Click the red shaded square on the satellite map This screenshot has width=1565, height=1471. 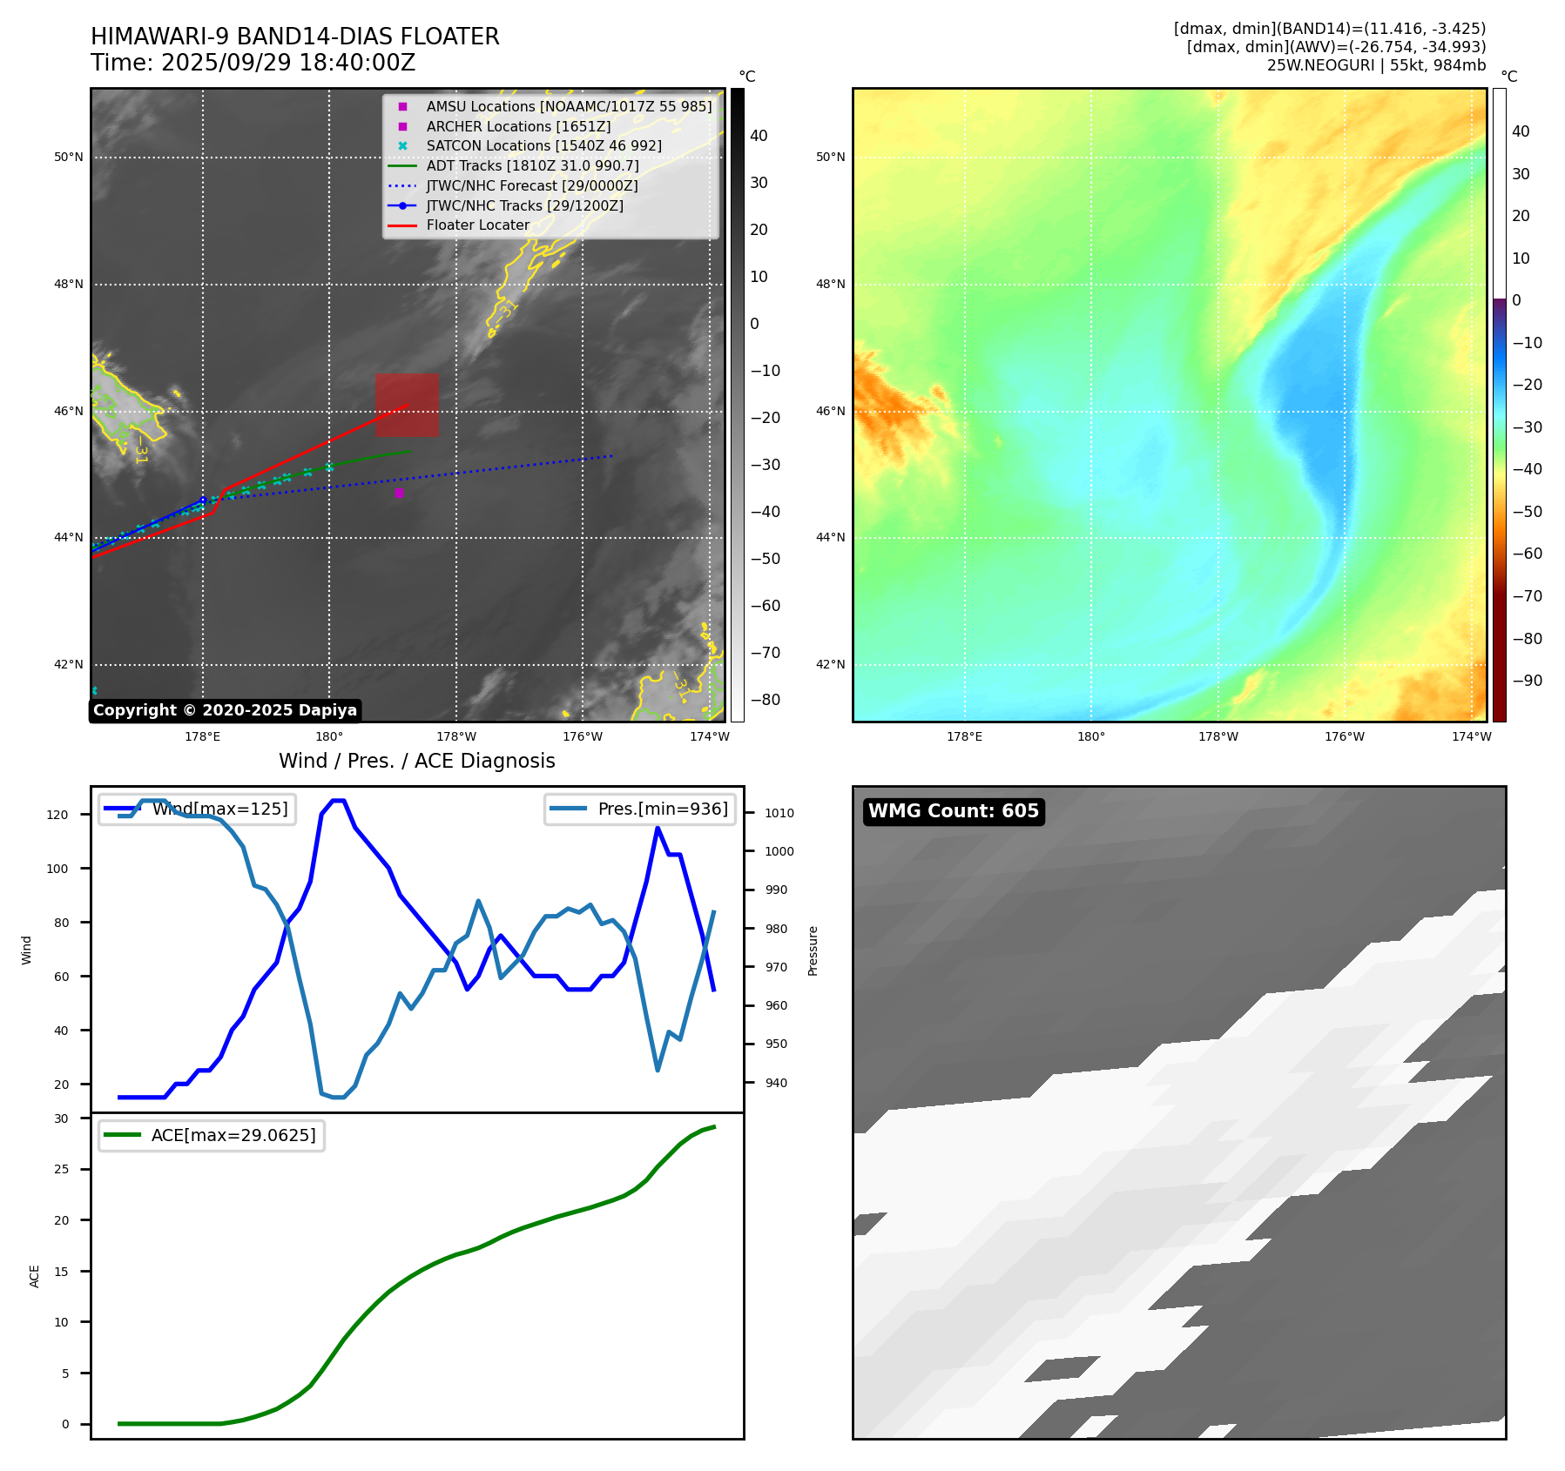pyautogui.click(x=407, y=405)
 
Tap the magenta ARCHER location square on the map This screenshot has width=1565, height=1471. pyautogui.click(x=399, y=493)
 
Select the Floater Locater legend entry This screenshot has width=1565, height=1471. pyautogui.click(x=477, y=225)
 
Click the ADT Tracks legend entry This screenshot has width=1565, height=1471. pyautogui.click(x=532, y=165)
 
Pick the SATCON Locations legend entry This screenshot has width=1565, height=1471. pyautogui.click(x=543, y=146)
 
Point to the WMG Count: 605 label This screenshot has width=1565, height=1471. pyautogui.click(x=954, y=811)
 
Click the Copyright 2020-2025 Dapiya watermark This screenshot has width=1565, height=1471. pyautogui.click(x=225, y=710)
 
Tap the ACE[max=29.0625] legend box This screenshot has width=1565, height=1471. pyautogui.click(x=212, y=1135)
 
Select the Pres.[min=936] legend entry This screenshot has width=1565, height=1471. pyautogui.click(x=640, y=809)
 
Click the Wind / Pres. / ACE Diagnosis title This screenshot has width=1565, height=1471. pyautogui.click(x=416, y=761)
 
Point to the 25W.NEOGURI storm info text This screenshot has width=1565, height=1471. pyautogui.click(x=1376, y=65)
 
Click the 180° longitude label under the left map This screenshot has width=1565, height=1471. pyautogui.click(x=329, y=736)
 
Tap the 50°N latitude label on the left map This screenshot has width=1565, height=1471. pyautogui.click(x=69, y=158)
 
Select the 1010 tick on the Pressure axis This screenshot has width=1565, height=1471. pyautogui.click(x=779, y=813)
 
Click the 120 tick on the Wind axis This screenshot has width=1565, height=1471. pyautogui.click(x=57, y=815)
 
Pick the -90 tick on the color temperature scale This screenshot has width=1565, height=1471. pyautogui.click(x=1528, y=681)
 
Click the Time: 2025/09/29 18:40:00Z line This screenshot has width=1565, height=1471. pyautogui.click(x=253, y=63)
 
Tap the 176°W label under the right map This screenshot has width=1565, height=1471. pyautogui.click(x=1345, y=736)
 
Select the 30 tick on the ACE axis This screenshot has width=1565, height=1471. pyautogui.click(x=61, y=1118)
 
